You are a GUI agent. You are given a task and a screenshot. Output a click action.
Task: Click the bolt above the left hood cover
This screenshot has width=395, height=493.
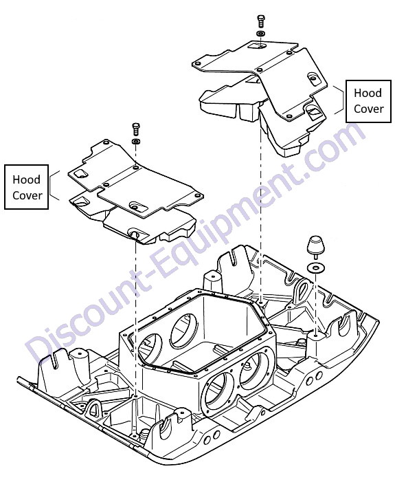click(136, 129)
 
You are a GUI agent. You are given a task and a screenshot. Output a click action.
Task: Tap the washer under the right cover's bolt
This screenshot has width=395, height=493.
click(260, 33)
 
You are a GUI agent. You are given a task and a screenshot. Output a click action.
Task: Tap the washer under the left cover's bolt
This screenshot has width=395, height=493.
click(136, 141)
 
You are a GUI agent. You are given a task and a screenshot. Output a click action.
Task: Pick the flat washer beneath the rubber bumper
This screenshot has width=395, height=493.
click(315, 268)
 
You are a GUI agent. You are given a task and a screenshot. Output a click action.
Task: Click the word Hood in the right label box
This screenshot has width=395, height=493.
click(368, 93)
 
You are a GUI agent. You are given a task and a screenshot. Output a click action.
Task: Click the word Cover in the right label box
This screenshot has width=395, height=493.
click(369, 109)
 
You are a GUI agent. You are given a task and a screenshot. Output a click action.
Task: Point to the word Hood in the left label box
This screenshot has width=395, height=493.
click(26, 179)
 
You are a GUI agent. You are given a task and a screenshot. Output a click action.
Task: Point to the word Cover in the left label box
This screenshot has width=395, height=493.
click(27, 195)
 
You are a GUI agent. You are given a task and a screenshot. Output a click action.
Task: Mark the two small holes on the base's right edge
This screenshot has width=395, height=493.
click(314, 379)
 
